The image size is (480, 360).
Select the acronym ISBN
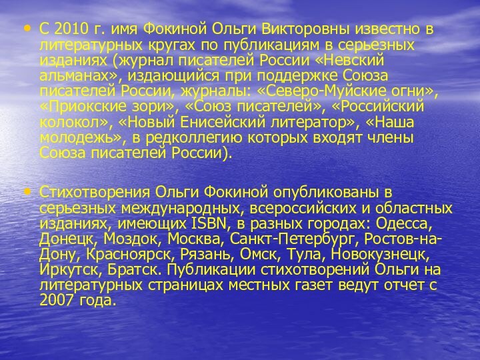coord(219,223)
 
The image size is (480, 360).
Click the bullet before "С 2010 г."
coord(27,29)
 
